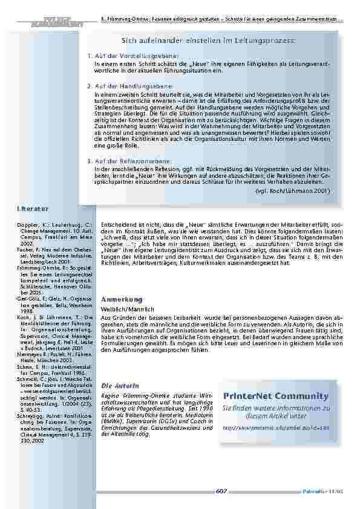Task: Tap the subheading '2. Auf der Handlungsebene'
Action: point(123,87)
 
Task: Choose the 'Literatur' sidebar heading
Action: point(33,208)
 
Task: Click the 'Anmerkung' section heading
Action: point(122,299)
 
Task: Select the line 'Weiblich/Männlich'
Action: point(121,309)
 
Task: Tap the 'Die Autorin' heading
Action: point(116,385)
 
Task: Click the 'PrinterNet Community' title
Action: point(275,396)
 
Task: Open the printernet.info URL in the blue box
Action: point(275,427)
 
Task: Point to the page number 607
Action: point(221,491)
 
